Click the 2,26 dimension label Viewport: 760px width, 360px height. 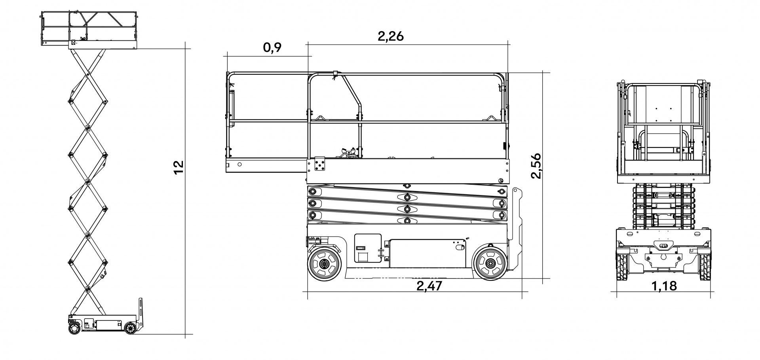[391, 36]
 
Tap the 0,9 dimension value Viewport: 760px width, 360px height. [272, 48]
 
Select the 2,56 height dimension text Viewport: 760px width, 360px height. [536, 165]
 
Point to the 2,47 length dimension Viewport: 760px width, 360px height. [429, 286]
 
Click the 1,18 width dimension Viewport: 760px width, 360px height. [664, 286]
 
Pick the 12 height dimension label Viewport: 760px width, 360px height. [179, 167]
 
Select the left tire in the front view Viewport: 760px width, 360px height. [622, 267]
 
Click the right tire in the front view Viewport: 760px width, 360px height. [705, 267]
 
